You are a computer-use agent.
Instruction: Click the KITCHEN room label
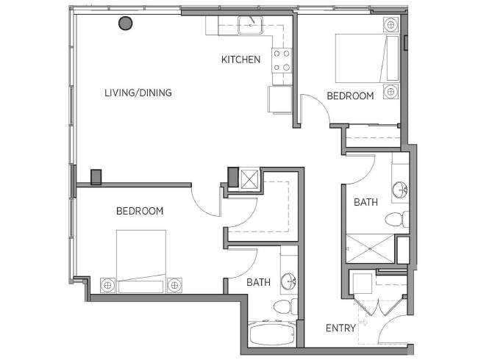[x=240, y=60]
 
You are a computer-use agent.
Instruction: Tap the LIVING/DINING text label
[x=138, y=93]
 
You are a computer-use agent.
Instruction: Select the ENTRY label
[x=340, y=328]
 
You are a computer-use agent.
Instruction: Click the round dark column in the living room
[x=125, y=24]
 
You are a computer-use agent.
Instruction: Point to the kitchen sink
[x=250, y=25]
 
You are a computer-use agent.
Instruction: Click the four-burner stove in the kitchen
[x=282, y=60]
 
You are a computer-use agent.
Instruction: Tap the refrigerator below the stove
[x=280, y=99]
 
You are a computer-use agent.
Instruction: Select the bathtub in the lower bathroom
[x=273, y=334]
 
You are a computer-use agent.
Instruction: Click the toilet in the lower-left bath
[x=285, y=306]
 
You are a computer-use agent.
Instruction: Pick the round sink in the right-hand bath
[x=400, y=190]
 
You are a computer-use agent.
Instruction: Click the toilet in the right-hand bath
[x=397, y=219]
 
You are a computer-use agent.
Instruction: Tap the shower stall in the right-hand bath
[x=371, y=248]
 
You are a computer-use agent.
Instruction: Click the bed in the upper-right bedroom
[x=368, y=58]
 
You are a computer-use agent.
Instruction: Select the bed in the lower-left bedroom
[x=141, y=262]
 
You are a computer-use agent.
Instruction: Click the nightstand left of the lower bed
[x=107, y=285]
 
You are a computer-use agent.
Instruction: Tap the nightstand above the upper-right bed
[x=390, y=24]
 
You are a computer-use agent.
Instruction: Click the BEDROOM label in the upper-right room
[x=350, y=96]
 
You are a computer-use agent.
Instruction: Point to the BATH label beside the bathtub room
[x=259, y=282]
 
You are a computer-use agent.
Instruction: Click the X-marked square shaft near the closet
[x=250, y=179]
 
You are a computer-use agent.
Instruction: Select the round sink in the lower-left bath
[x=288, y=281]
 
